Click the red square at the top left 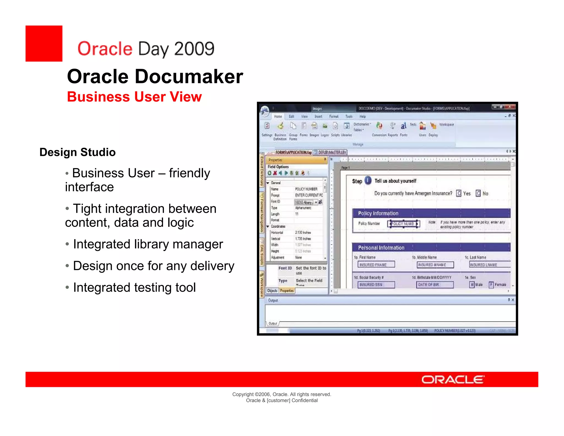[x=44, y=44]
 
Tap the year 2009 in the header [x=194, y=49]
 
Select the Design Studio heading [x=77, y=152]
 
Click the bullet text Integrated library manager [x=148, y=244]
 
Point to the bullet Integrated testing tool [x=134, y=287]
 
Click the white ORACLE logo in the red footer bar [x=453, y=380]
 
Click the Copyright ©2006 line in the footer [x=281, y=394]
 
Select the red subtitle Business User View [x=134, y=97]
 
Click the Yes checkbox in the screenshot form [x=459, y=193]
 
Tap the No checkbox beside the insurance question [x=478, y=193]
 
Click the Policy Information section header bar [x=431, y=213]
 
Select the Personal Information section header [x=431, y=247]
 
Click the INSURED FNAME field [x=376, y=265]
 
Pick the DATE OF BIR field [x=435, y=285]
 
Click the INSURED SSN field [x=376, y=285]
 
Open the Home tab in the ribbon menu [x=278, y=117]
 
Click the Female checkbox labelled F [x=491, y=285]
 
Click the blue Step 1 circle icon [x=368, y=181]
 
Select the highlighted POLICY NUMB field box [x=403, y=224]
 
